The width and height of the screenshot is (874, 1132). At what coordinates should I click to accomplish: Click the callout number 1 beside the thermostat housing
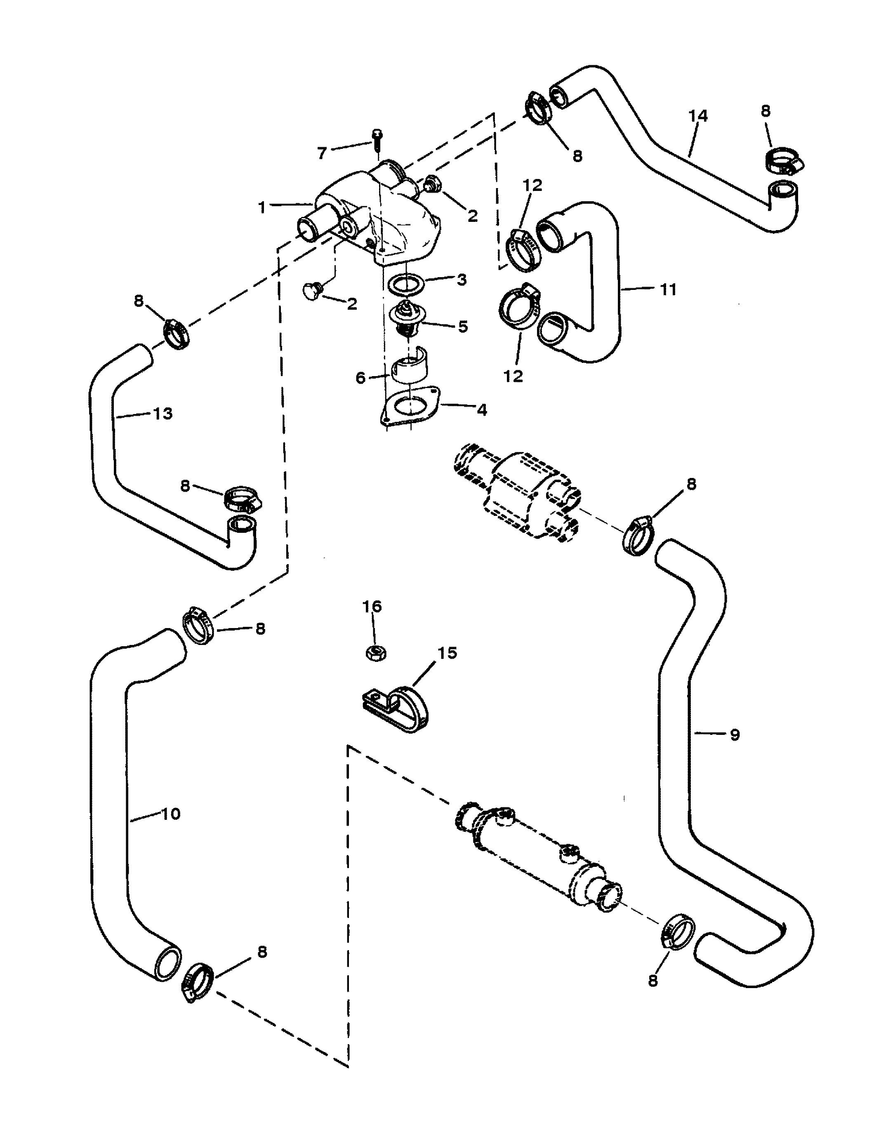click(x=262, y=207)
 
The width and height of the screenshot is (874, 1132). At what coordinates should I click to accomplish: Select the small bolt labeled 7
click(x=376, y=139)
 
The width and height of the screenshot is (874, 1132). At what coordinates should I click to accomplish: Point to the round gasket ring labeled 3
click(x=406, y=284)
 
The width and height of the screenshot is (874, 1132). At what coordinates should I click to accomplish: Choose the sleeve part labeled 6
click(x=410, y=365)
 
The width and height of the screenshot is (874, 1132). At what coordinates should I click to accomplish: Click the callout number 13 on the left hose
click(x=163, y=414)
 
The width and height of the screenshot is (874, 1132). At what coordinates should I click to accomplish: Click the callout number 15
click(x=448, y=652)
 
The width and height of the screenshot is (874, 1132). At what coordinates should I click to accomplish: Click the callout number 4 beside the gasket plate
click(x=482, y=410)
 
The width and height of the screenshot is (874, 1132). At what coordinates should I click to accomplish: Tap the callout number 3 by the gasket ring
click(x=462, y=280)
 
